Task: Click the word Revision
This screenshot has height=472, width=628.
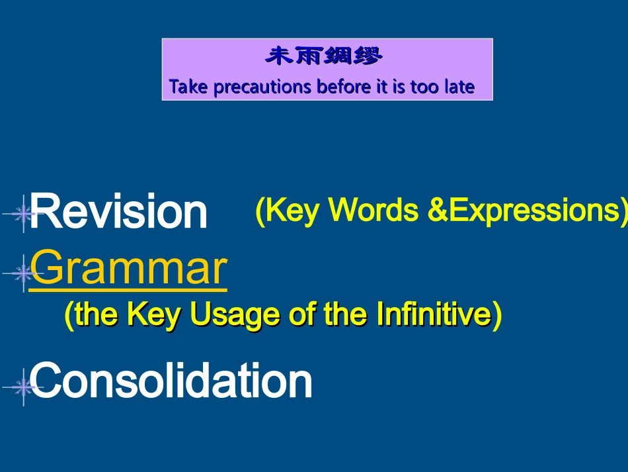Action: click(118, 211)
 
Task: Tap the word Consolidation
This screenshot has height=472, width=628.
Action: click(171, 380)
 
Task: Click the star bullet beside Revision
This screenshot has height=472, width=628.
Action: click(23, 213)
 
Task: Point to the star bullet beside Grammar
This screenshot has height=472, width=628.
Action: click(23, 273)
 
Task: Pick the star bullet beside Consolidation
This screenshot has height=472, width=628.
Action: click(23, 387)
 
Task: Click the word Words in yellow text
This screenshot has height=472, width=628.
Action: click(373, 209)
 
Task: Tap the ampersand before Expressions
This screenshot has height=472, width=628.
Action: click(438, 209)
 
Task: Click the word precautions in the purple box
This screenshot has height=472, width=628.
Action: click(262, 87)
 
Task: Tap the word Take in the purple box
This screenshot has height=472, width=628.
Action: click(188, 86)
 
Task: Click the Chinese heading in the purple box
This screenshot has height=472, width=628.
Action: click(324, 56)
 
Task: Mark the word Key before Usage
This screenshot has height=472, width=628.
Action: click(154, 315)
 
